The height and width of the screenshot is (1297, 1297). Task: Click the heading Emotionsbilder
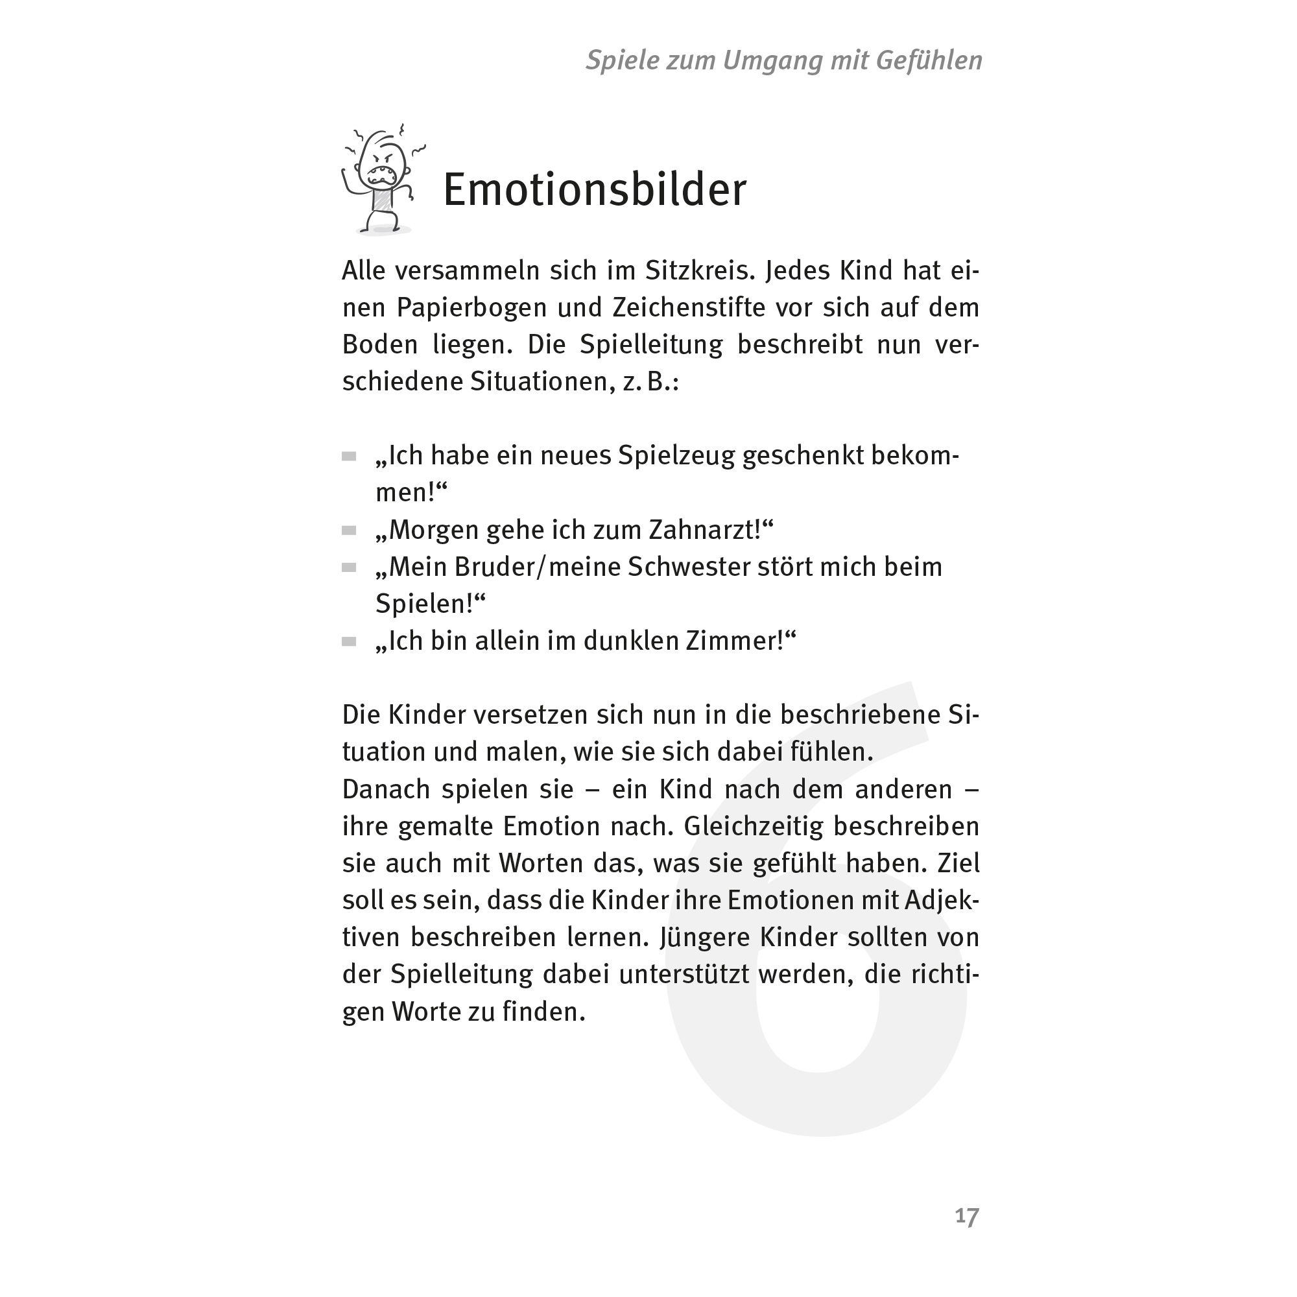click(x=594, y=191)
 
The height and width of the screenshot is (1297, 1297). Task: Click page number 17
click(x=967, y=1216)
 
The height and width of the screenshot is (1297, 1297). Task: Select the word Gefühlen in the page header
click(x=929, y=61)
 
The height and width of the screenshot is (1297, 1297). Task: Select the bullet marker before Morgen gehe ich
click(x=348, y=531)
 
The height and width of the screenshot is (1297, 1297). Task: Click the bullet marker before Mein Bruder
click(x=348, y=568)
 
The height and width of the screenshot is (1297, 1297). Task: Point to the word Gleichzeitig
click(x=753, y=826)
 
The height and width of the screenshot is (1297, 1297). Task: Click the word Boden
click(x=380, y=345)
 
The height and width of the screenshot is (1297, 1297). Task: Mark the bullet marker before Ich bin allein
click(x=348, y=642)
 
